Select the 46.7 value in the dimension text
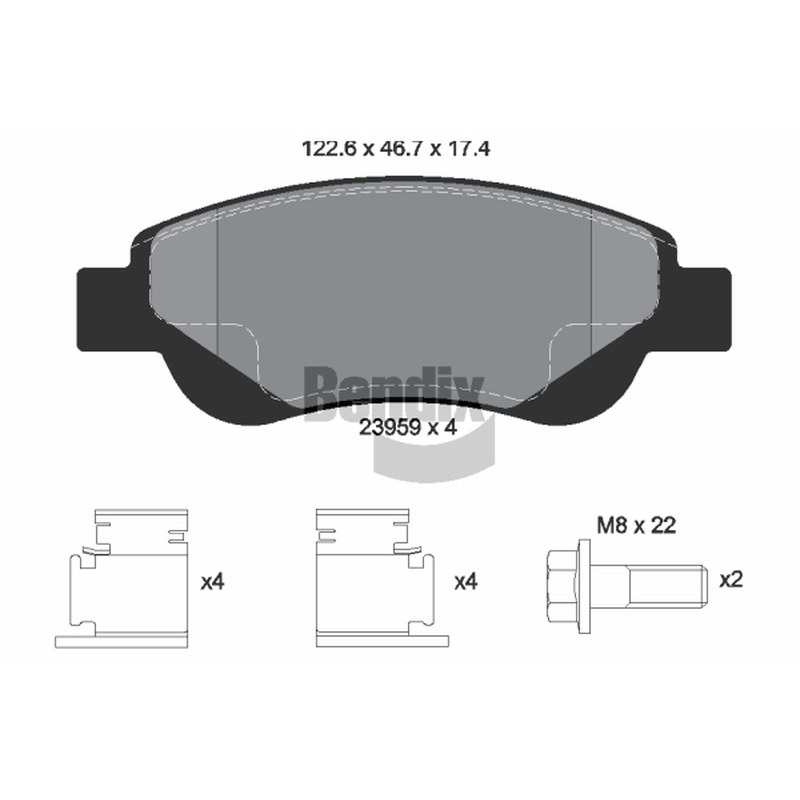coord(403,149)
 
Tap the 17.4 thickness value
coord(469,149)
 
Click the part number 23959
coord(389,428)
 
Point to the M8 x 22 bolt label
coord(636,525)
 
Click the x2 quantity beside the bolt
coord(731,580)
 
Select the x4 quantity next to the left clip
coord(212,582)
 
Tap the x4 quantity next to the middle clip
coord(466,582)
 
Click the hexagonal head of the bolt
coord(562,586)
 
